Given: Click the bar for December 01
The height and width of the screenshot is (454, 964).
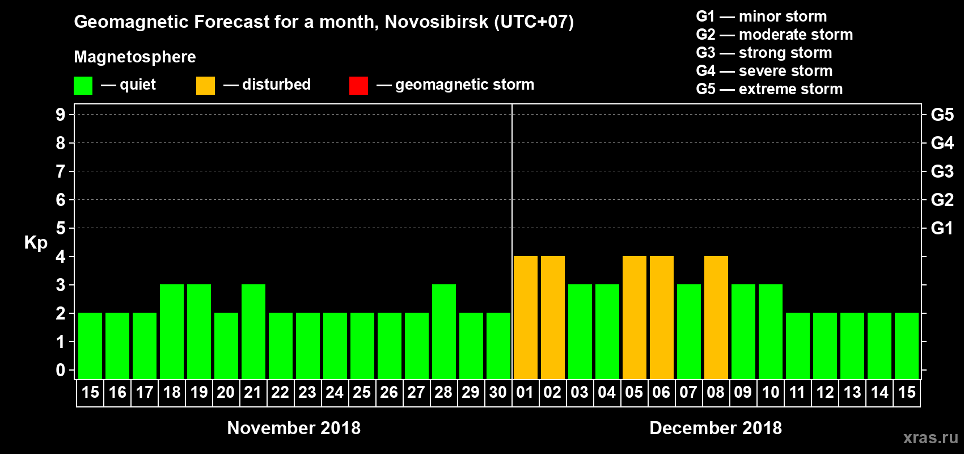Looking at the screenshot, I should click(x=526, y=317).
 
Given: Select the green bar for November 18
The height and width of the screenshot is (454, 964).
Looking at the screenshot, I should click(x=172, y=331).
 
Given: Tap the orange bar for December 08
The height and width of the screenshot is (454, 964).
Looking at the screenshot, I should click(x=716, y=317).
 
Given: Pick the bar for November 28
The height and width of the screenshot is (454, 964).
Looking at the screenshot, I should click(x=444, y=331).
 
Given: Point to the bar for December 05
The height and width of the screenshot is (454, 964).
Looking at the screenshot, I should click(x=635, y=317).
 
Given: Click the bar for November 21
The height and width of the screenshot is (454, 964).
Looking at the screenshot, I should click(x=253, y=331).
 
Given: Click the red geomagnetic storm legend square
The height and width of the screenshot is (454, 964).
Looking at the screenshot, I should click(x=358, y=86).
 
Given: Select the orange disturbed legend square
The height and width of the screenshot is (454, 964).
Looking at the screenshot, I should click(x=205, y=86).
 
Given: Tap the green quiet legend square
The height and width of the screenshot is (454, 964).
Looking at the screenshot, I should click(x=83, y=86).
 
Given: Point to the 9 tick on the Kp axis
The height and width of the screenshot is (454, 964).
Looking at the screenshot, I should click(x=61, y=115).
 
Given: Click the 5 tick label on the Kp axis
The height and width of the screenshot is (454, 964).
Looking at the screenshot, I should click(x=61, y=228).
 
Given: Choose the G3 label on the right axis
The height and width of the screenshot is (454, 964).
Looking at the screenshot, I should click(x=942, y=171).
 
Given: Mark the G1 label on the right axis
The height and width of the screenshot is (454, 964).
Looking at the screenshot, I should click(x=942, y=228).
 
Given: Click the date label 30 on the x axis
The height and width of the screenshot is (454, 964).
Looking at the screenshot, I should click(x=498, y=393).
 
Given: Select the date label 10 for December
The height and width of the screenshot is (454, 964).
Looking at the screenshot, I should click(x=770, y=393).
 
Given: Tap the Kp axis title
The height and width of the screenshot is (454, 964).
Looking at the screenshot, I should click(x=36, y=243).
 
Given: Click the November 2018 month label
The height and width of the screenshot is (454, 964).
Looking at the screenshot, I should click(x=294, y=428).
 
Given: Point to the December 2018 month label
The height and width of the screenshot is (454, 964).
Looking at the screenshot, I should click(x=716, y=428).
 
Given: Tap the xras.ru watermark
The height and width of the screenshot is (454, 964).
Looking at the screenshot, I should click(x=931, y=438).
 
